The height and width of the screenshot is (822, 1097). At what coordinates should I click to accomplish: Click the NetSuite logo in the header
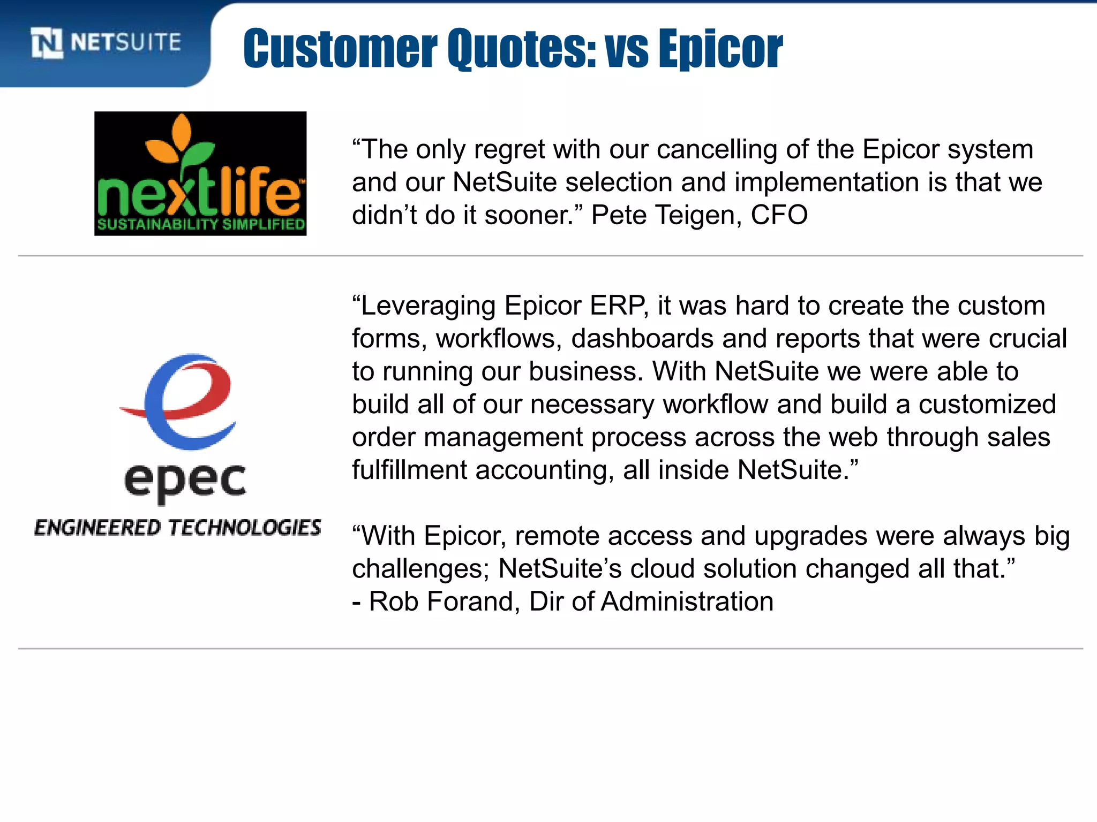point(106,43)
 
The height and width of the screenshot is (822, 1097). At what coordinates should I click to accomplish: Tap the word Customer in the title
point(340,49)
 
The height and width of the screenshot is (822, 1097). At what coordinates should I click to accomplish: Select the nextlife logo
point(200,173)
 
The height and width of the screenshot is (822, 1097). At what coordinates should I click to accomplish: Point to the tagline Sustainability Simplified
point(201,224)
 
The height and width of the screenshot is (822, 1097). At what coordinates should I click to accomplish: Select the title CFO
point(779,215)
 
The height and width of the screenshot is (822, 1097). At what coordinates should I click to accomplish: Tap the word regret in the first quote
point(509,149)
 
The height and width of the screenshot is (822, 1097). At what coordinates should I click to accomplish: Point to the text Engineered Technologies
point(178,528)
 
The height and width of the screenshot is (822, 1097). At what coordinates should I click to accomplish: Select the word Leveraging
point(428,306)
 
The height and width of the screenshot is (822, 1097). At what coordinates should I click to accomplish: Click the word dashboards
point(642,339)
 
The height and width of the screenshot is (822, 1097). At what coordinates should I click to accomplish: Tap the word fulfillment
point(409,470)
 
